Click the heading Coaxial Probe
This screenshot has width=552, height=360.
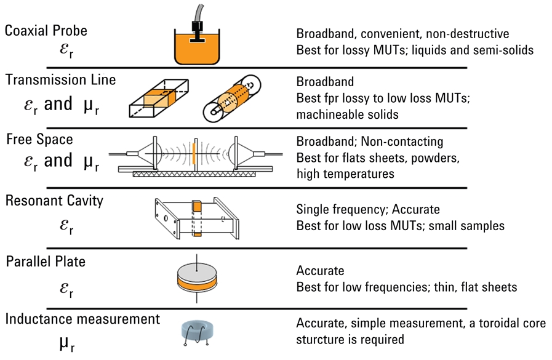pyautogui.click(x=46, y=31)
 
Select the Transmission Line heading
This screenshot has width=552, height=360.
pyautogui.click(x=60, y=81)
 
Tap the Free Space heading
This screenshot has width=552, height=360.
pyautogui.click(x=39, y=139)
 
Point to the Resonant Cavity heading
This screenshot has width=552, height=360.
pyautogui.click(x=55, y=201)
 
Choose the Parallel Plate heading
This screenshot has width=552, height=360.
pyautogui.click(x=46, y=262)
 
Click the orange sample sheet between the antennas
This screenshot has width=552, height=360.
pyautogui.click(x=193, y=153)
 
